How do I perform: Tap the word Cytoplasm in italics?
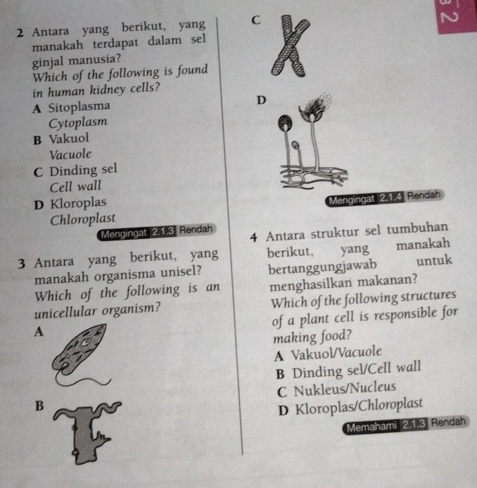click(78, 122)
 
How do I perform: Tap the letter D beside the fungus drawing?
click(261, 101)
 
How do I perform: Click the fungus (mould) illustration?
click(305, 148)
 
